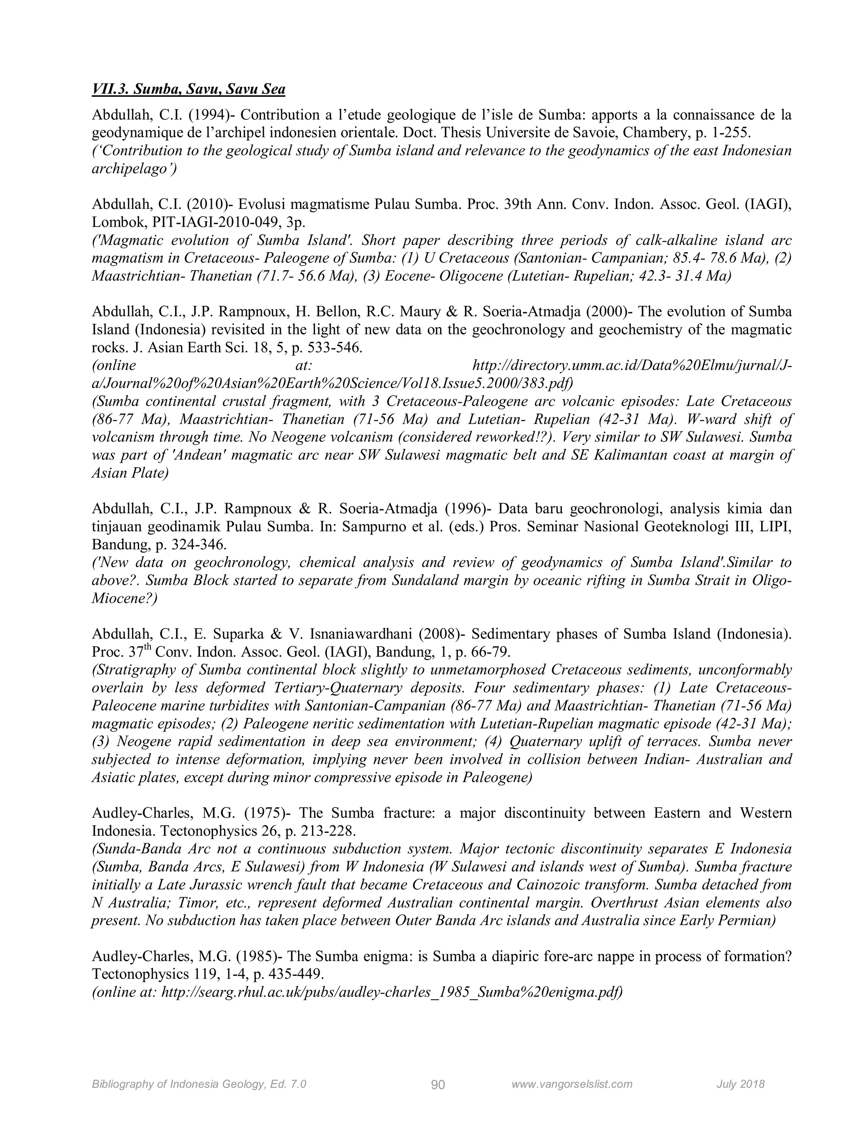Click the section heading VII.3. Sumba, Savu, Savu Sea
click(x=188, y=89)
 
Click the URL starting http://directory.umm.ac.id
click(x=631, y=366)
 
